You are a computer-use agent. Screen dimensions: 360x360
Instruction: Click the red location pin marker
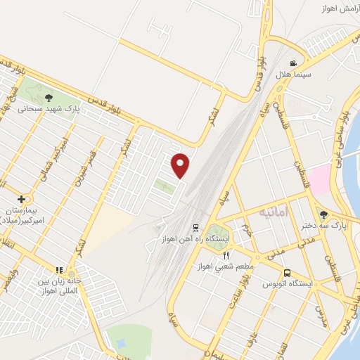coord(181,165)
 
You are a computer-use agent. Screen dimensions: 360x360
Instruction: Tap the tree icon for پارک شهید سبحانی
coord(49,98)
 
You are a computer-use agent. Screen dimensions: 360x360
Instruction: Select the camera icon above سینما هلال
coord(293,63)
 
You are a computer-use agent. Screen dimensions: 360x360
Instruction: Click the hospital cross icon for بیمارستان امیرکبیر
coord(22,199)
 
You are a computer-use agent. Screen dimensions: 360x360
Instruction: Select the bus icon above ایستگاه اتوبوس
coord(286,273)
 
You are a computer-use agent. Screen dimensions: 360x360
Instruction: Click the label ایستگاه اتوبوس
coord(287,283)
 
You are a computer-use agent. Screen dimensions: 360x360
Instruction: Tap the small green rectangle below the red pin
coord(165,186)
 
